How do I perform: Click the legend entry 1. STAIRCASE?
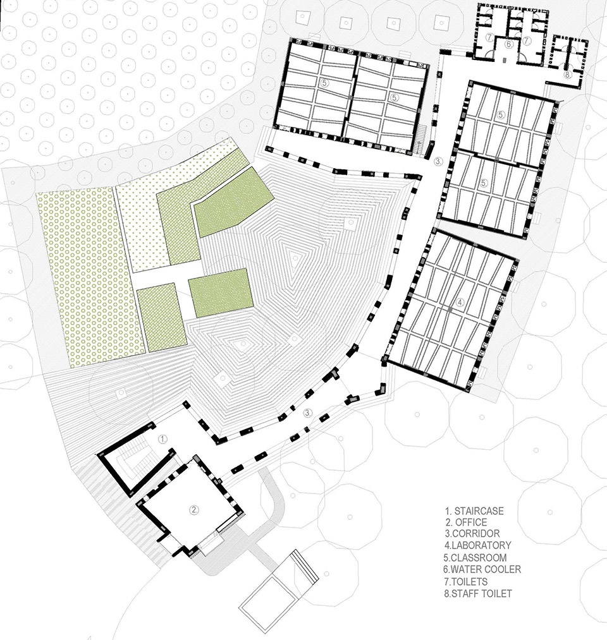474,510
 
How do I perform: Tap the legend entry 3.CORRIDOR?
472,533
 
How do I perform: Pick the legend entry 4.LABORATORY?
478,545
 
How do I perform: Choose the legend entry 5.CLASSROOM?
475,557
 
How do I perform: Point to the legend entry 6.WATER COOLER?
482,569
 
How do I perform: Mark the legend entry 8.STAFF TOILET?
478,593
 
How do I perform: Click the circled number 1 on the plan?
162,439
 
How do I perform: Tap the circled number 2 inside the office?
195,509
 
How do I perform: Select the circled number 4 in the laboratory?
460,303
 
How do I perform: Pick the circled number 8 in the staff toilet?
568,75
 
